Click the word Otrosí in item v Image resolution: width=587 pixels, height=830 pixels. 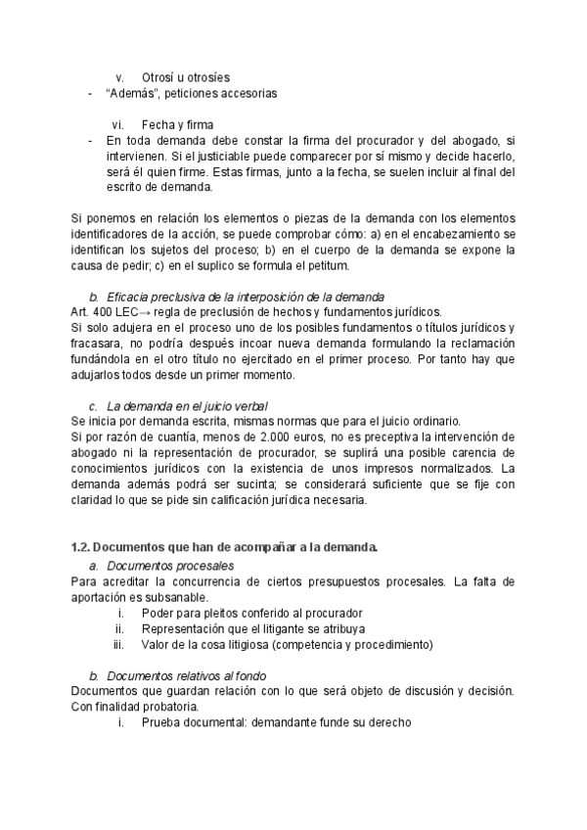(x=159, y=77)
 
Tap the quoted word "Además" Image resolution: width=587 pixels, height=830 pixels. (x=134, y=94)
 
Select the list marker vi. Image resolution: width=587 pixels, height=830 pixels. (x=117, y=124)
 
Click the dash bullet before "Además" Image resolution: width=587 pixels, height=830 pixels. (x=90, y=94)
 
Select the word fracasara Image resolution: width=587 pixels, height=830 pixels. (x=99, y=344)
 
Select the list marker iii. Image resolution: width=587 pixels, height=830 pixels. (x=118, y=644)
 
